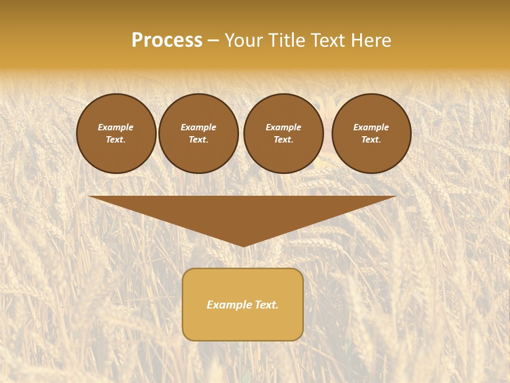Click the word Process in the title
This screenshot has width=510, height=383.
(167, 40)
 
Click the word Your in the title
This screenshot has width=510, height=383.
(243, 40)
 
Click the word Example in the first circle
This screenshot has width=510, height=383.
(116, 127)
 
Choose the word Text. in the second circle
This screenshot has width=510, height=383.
(199, 140)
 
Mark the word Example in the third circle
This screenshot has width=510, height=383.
(283, 127)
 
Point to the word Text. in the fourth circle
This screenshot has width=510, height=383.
(371, 140)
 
